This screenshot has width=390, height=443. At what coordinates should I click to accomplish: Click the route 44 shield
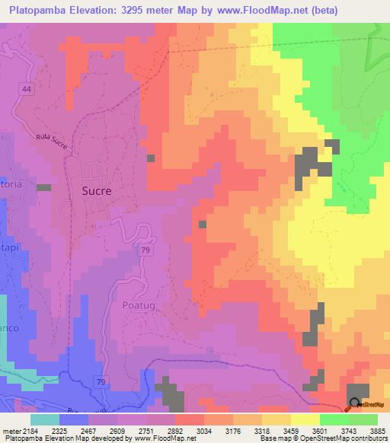27,90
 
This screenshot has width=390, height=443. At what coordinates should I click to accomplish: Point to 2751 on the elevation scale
158,430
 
